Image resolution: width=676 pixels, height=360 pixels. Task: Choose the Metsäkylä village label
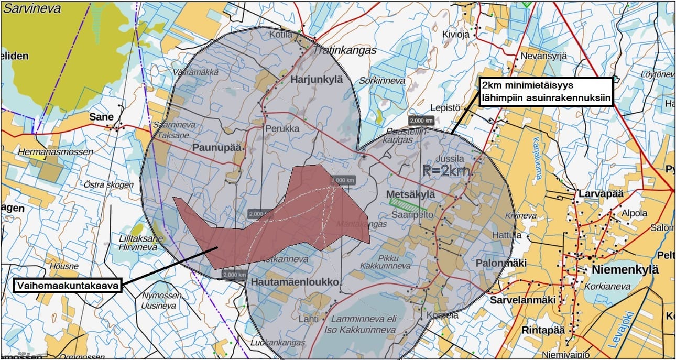click(x=411, y=194)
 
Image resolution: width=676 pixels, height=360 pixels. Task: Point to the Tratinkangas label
click(x=345, y=51)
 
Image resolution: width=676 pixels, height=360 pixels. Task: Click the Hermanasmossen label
click(x=55, y=152)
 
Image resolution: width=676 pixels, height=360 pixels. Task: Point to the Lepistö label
click(x=444, y=107)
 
